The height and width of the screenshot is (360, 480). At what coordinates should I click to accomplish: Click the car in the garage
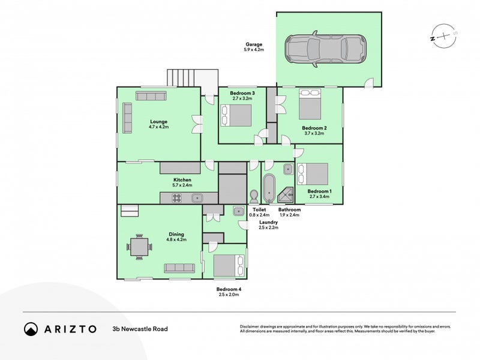pos(326,49)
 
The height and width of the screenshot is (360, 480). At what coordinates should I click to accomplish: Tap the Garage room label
pos(254,44)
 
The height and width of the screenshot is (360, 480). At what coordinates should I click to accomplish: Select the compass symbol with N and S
pos(443,36)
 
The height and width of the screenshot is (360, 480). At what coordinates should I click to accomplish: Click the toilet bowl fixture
pos(254,197)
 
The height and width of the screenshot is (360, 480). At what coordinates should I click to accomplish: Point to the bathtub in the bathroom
pos(269,188)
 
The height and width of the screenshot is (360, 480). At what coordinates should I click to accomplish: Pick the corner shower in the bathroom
pos(286,196)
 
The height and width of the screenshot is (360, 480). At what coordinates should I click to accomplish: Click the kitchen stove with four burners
pos(176,198)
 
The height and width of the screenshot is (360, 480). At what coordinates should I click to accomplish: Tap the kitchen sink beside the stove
pos(197,198)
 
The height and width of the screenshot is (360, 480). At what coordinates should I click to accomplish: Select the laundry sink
pos(238,211)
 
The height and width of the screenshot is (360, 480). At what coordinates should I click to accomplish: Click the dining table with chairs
pos(139,247)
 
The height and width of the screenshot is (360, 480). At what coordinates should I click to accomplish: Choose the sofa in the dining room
pos(179,268)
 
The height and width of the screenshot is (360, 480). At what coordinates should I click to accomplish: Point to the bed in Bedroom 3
pos(236,115)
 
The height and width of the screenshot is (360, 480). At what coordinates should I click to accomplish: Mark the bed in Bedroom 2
pos(310,104)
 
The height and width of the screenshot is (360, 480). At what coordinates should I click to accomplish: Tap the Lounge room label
pos(158,122)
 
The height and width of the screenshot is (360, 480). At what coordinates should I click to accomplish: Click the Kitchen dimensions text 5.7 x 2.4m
pos(182,185)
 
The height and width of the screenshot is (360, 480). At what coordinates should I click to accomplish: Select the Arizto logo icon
pos(31,329)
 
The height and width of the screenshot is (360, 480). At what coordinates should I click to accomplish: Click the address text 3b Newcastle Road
pos(140,329)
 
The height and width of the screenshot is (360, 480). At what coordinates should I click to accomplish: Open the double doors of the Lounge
pos(197,124)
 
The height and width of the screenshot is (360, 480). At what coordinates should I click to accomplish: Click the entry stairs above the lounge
pos(193,78)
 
